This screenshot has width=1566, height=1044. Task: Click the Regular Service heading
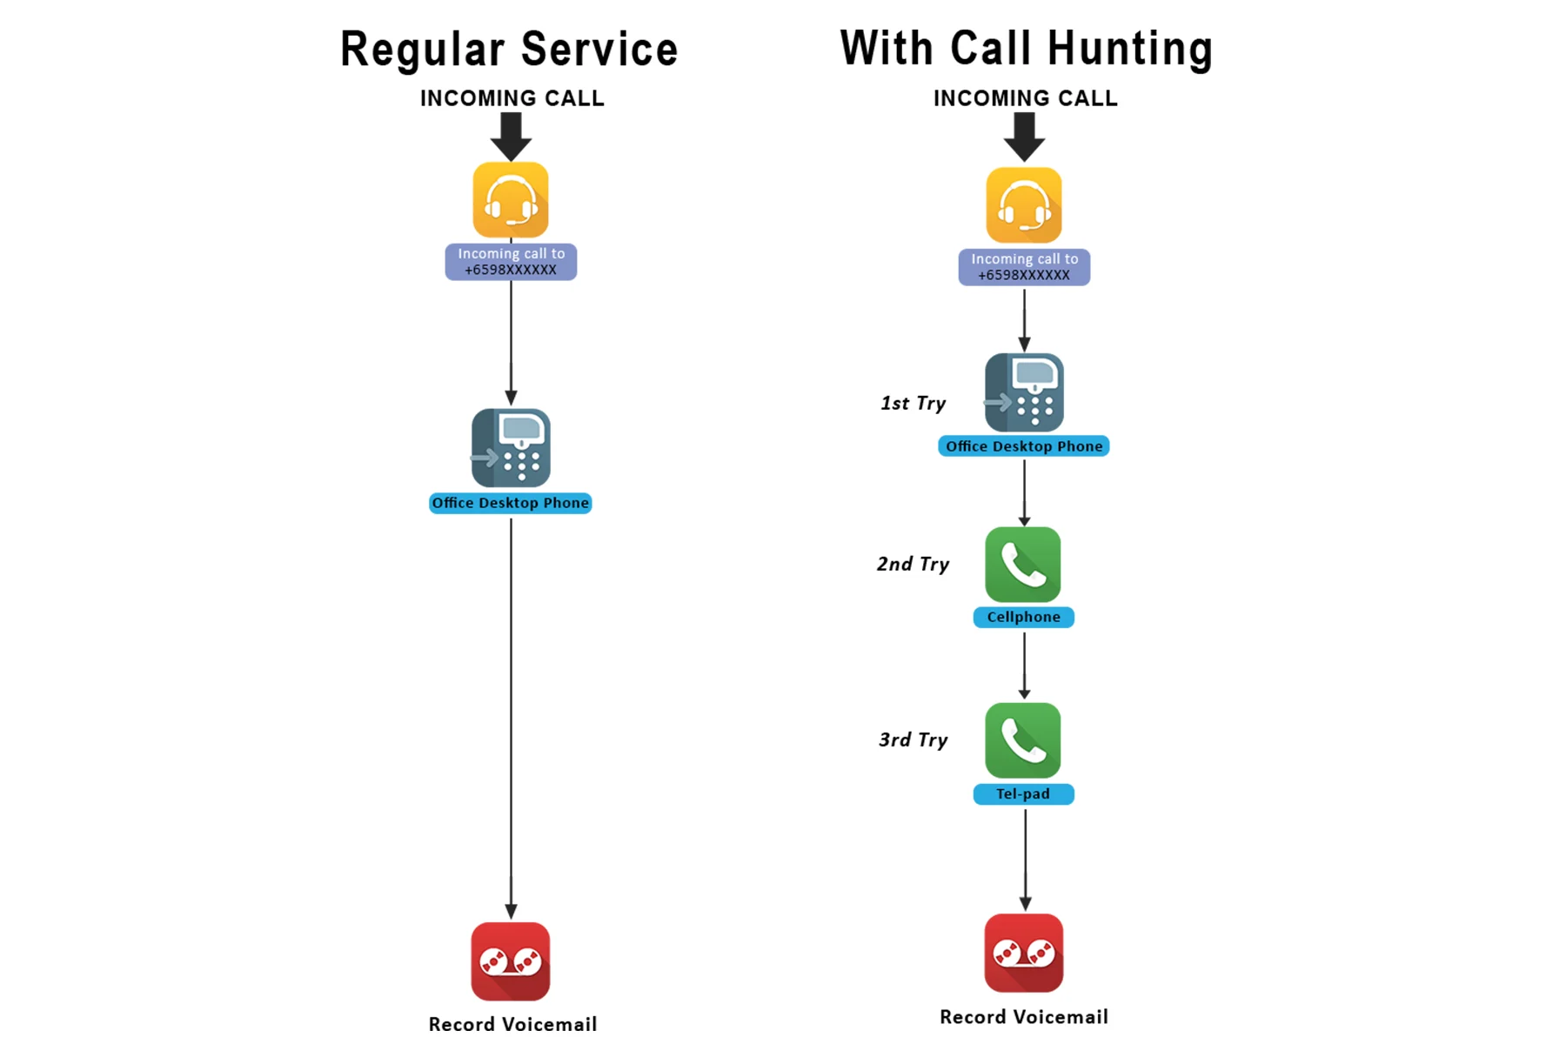(509, 50)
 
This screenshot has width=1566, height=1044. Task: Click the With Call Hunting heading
(1026, 49)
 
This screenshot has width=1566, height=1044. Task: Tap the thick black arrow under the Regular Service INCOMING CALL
(511, 137)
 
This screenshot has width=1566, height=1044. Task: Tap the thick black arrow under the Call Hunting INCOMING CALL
(1024, 137)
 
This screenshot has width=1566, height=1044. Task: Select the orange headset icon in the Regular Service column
(511, 200)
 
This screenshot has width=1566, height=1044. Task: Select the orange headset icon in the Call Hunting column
(1024, 205)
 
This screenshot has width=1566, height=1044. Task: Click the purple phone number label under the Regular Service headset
(511, 262)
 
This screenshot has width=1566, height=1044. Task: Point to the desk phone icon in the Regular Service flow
(511, 448)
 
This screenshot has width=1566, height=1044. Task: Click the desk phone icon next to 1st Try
(1024, 392)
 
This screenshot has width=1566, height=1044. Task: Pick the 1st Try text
(913, 403)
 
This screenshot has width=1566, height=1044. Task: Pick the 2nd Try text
(913, 564)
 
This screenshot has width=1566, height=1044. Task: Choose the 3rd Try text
(913, 739)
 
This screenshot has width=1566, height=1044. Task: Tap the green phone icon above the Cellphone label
(1023, 565)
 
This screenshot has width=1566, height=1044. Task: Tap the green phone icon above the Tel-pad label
(1023, 740)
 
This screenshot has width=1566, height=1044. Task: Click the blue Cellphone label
(1023, 617)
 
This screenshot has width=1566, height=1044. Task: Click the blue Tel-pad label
(1023, 793)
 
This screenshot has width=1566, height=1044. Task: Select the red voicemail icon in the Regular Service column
(511, 961)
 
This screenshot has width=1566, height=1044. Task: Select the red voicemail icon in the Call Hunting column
(1024, 953)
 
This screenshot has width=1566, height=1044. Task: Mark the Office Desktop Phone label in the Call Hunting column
(1023, 446)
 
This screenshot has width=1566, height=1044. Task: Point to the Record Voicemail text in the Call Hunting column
(1024, 1016)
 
